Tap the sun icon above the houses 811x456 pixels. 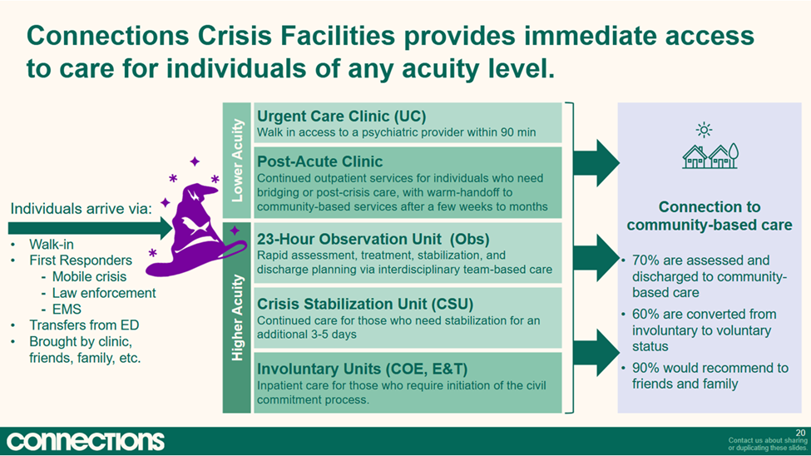[x=704, y=130]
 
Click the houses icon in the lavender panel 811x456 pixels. [x=710, y=156]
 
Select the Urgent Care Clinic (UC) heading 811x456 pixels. [x=341, y=116]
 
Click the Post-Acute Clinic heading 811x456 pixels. [x=319, y=161]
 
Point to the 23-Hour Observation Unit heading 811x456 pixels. [x=373, y=239]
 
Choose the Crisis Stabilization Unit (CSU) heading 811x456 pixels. [x=365, y=304]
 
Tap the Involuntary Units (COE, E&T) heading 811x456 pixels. [x=362, y=369]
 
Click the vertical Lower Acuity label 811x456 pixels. [x=237, y=161]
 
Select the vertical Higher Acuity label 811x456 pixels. [x=237, y=317]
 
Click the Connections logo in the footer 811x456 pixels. [x=86, y=441]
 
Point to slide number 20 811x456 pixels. [x=800, y=433]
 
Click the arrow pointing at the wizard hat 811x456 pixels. [x=90, y=228]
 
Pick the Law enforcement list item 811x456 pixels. [x=104, y=293]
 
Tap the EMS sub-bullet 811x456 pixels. [x=67, y=309]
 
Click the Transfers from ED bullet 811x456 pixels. [x=84, y=325]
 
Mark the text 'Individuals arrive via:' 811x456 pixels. [x=82, y=209]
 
